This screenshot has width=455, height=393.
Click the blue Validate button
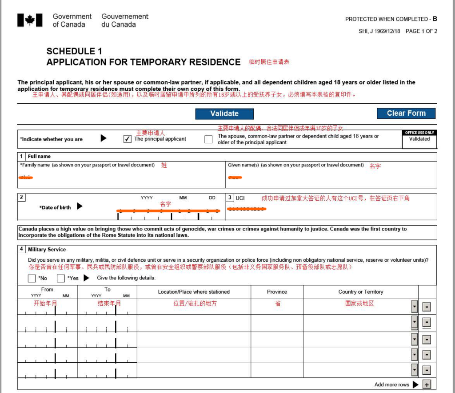pyautogui.click(x=224, y=113)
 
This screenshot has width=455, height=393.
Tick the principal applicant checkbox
pyautogui.click(x=128, y=139)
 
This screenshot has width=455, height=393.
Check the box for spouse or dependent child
pyautogui.click(x=208, y=139)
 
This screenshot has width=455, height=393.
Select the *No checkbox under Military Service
pyautogui.click(x=32, y=279)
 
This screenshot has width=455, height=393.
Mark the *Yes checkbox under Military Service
pyautogui.click(x=61, y=279)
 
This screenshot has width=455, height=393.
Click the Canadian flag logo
pyautogui.click(x=30, y=20)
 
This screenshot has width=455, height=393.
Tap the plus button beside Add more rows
pyautogui.click(x=427, y=385)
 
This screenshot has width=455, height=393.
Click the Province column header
pyautogui.click(x=277, y=292)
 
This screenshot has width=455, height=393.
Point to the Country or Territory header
pyautogui.click(x=360, y=292)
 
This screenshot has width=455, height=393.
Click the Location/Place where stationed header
pyautogui.click(x=194, y=292)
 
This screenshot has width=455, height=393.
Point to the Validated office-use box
pyautogui.click(x=419, y=139)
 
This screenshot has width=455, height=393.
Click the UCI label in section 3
pyautogui.click(x=240, y=198)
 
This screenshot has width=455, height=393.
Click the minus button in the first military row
pyautogui.click(x=426, y=307)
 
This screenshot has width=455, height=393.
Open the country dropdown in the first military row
pyautogui.click(x=415, y=307)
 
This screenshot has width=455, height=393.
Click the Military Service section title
pyautogui.click(x=47, y=250)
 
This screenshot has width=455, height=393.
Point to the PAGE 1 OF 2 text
pyautogui.click(x=421, y=31)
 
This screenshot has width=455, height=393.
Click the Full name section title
pyautogui.click(x=39, y=157)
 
